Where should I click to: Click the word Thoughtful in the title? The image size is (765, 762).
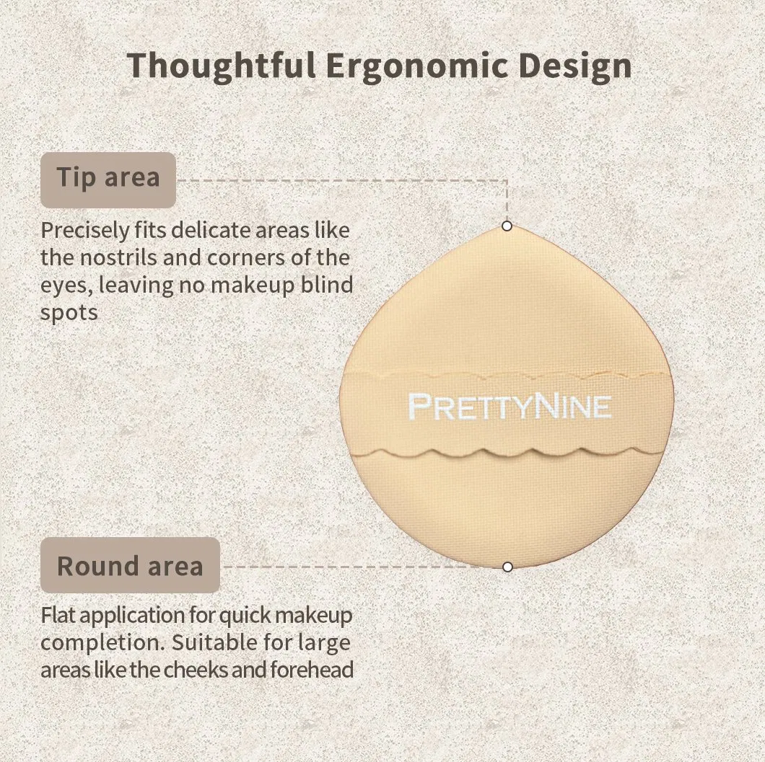click(221, 66)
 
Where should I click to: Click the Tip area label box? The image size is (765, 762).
click(108, 180)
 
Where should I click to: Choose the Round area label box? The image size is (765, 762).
click(130, 565)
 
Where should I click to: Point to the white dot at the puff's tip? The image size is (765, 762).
click(507, 226)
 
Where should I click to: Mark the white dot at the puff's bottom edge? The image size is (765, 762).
click(507, 567)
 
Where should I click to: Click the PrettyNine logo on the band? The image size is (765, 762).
click(510, 407)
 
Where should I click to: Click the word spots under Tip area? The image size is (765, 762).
click(69, 313)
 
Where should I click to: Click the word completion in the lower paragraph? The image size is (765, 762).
click(102, 643)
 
